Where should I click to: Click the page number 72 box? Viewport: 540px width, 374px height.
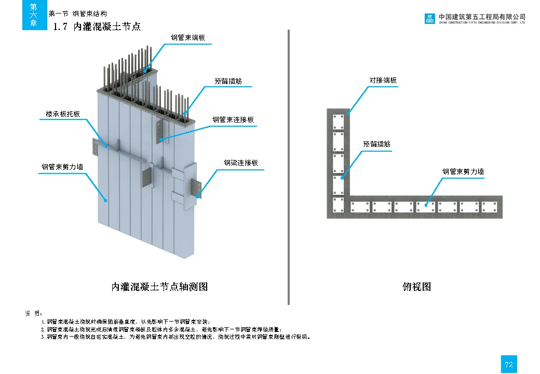point(509,364)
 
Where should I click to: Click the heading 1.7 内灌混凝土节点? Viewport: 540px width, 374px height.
point(97,26)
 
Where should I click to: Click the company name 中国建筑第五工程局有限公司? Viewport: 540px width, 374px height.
point(482,17)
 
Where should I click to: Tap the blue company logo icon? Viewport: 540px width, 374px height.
point(429,19)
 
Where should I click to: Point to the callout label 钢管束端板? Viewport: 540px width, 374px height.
point(192,37)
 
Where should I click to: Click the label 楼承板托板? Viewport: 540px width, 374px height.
point(60,113)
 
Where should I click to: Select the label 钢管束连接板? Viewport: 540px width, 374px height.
point(233,119)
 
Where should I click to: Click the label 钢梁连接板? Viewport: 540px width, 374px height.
point(241,163)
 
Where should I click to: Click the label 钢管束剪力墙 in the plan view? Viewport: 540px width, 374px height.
point(463,171)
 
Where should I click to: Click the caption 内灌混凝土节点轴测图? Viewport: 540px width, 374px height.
point(159,286)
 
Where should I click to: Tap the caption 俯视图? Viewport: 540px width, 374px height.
point(416,286)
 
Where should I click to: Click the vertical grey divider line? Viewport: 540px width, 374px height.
point(288,166)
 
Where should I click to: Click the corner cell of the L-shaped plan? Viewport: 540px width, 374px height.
point(338,206)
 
